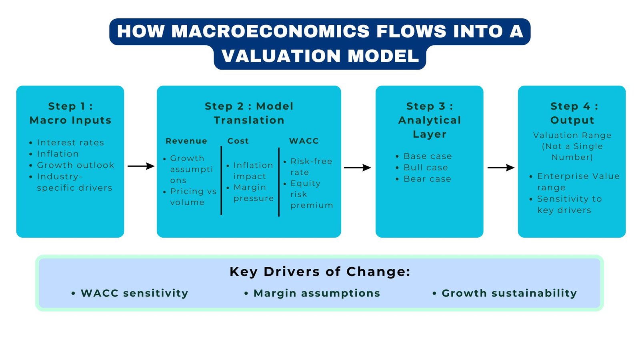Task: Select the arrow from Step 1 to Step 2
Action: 141,166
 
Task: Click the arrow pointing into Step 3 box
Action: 357,168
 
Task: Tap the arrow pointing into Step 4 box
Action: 501,168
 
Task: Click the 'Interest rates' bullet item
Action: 70,143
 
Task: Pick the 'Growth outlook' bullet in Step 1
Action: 75,165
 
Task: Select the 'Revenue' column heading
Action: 186,141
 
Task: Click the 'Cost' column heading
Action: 238,141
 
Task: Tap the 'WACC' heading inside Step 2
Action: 304,141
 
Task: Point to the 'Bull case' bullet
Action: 426,168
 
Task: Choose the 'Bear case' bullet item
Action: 427,179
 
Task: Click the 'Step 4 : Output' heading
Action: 572,113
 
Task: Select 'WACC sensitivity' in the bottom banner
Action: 134,293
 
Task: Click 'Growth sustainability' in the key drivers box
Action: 509,293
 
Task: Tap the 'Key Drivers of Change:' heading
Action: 320,272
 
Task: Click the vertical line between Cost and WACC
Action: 279,182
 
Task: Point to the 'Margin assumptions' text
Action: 317,293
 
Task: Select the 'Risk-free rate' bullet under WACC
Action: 310,167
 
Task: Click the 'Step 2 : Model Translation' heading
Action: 249,113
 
